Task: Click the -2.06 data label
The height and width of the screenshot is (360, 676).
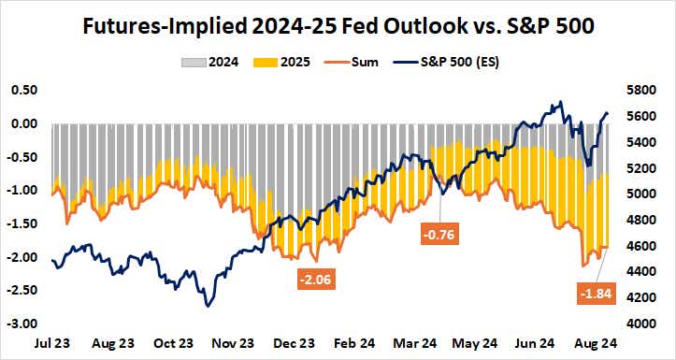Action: coord(315,279)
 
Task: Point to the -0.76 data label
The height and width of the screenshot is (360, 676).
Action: coord(437,235)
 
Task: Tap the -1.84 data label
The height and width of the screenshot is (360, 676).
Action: coord(597,295)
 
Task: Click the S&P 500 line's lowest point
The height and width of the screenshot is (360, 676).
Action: coord(208,306)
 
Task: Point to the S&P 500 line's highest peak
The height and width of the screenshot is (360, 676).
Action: coord(559,103)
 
